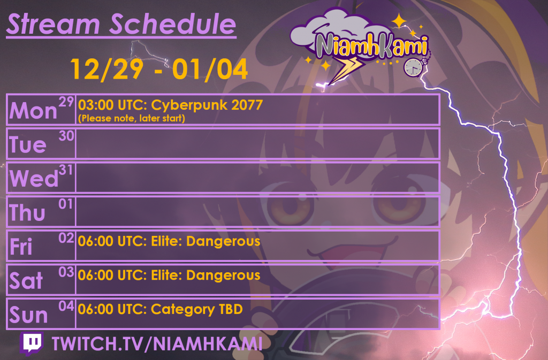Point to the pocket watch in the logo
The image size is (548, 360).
(413, 66)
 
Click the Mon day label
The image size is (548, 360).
(33, 111)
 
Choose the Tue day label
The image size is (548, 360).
(28, 145)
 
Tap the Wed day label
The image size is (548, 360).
(34, 179)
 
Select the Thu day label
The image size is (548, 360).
(27, 213)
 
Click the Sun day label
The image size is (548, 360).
(29, 315)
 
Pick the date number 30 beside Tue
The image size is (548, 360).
(66, 136)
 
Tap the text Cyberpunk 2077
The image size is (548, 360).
(207, 105)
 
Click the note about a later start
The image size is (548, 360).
(132, 118)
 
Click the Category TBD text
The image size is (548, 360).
(197, 309)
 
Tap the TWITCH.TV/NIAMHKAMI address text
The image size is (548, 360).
(157, 344)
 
